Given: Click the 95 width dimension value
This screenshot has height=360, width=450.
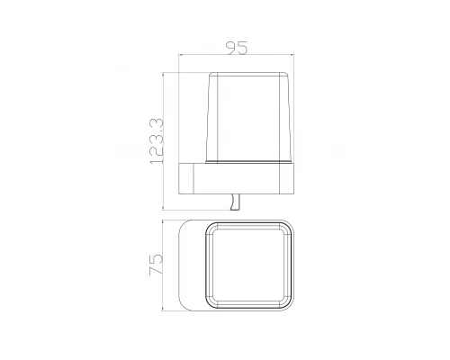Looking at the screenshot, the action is (237, 48).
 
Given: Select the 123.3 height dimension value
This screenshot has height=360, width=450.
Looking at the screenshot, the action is (157, 141).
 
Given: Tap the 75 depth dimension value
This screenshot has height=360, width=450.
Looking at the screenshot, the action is (156, 265).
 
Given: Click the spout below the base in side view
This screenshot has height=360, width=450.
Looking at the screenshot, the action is (235, 202).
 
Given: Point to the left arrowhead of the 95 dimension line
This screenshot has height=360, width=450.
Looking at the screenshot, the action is (180, 55).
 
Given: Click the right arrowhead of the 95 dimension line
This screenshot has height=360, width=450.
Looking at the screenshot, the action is (292, 55).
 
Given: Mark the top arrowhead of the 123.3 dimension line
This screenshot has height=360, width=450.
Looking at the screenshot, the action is (163, 74).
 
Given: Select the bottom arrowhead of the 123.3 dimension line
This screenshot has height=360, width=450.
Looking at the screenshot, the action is (163, 208).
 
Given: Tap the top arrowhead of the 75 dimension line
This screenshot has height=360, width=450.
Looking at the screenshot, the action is (162, 222).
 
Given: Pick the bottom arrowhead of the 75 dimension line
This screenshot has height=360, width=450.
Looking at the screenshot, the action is (162, 309).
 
